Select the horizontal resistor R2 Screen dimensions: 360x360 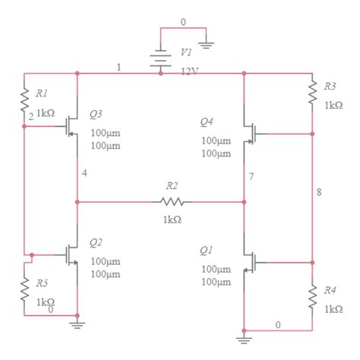(x=172, y=202)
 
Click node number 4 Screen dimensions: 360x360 (x=84, y=174)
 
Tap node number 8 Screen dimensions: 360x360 (x=318, y=191)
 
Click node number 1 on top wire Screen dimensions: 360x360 (x=118, y=68)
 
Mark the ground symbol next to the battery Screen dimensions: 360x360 (x=206, y=45)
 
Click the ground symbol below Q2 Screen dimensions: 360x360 (x=77, y=324)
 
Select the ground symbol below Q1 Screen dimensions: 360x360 (x=244, y=339)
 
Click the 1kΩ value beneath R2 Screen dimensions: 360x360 (x=172, y=219)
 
